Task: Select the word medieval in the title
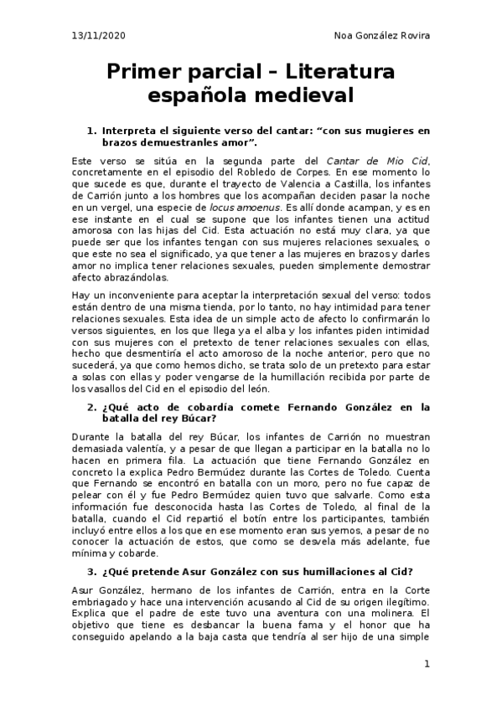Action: point(306,95)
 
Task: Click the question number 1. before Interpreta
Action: point(92,131)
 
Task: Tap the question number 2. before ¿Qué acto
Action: point(92,407)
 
